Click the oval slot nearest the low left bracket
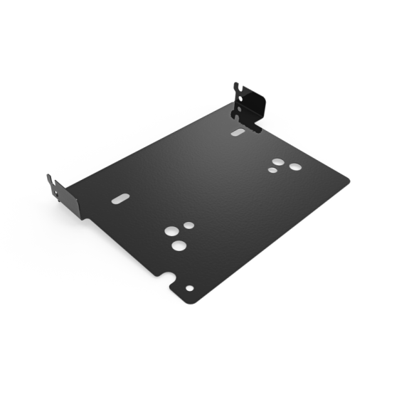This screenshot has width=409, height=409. (121, 198)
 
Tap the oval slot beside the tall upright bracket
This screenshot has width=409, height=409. (238, 132)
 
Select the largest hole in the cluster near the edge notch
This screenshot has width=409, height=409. (179, 245)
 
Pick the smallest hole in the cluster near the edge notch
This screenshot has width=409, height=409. (189, 225)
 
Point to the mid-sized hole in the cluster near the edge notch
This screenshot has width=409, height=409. (171, 232)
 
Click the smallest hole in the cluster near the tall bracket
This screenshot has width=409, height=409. (272, 170)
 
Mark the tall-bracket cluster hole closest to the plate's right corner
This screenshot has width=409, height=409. (294, 167)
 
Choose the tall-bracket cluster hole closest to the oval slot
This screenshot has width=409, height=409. (277, 162)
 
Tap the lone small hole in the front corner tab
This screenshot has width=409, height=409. (189, 288)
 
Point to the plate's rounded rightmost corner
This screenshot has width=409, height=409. (349, 181)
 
